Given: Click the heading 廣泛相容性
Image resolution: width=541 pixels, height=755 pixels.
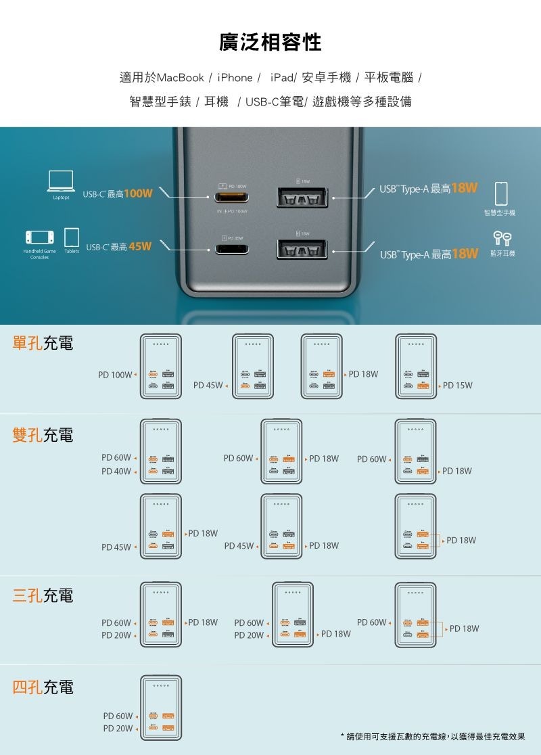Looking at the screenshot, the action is (x=270, y=43).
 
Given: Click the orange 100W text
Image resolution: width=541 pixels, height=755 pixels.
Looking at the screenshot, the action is (x=138, y=194).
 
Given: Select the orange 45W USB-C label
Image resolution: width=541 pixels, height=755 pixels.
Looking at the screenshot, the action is (x=139, y=246).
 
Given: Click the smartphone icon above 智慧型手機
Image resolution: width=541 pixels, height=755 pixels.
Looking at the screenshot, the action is (x=501, y=193).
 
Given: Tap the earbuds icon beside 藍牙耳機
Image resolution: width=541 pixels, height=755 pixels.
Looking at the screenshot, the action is (x=500, y=237).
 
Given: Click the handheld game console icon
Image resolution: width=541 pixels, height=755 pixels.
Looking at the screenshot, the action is (x=39, y=237).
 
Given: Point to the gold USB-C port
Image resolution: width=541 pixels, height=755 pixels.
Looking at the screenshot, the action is (x=232, y=198).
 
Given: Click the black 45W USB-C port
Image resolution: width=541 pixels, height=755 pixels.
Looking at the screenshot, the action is (x=232, y=249).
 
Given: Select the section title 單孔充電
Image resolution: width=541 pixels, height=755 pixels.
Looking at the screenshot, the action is (x=43, y=343).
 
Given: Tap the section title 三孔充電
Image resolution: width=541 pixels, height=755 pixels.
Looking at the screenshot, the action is (x=43, y=596).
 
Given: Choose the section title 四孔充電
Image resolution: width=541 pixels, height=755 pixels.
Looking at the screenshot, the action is (x=43, y=688).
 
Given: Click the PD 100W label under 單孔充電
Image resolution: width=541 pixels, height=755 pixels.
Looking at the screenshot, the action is (x=115, y=374).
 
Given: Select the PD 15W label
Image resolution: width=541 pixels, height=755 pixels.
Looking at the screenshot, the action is (x=458, y=386).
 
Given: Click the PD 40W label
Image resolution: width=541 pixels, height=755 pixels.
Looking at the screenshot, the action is (x=116, y=471).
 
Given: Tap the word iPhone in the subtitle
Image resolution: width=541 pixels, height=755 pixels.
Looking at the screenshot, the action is (x=235, y=78).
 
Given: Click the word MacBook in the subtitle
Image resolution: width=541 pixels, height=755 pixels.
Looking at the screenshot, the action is (x=180, y=78).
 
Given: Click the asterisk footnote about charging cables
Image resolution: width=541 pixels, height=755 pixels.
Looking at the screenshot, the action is (x=433, y=736).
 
